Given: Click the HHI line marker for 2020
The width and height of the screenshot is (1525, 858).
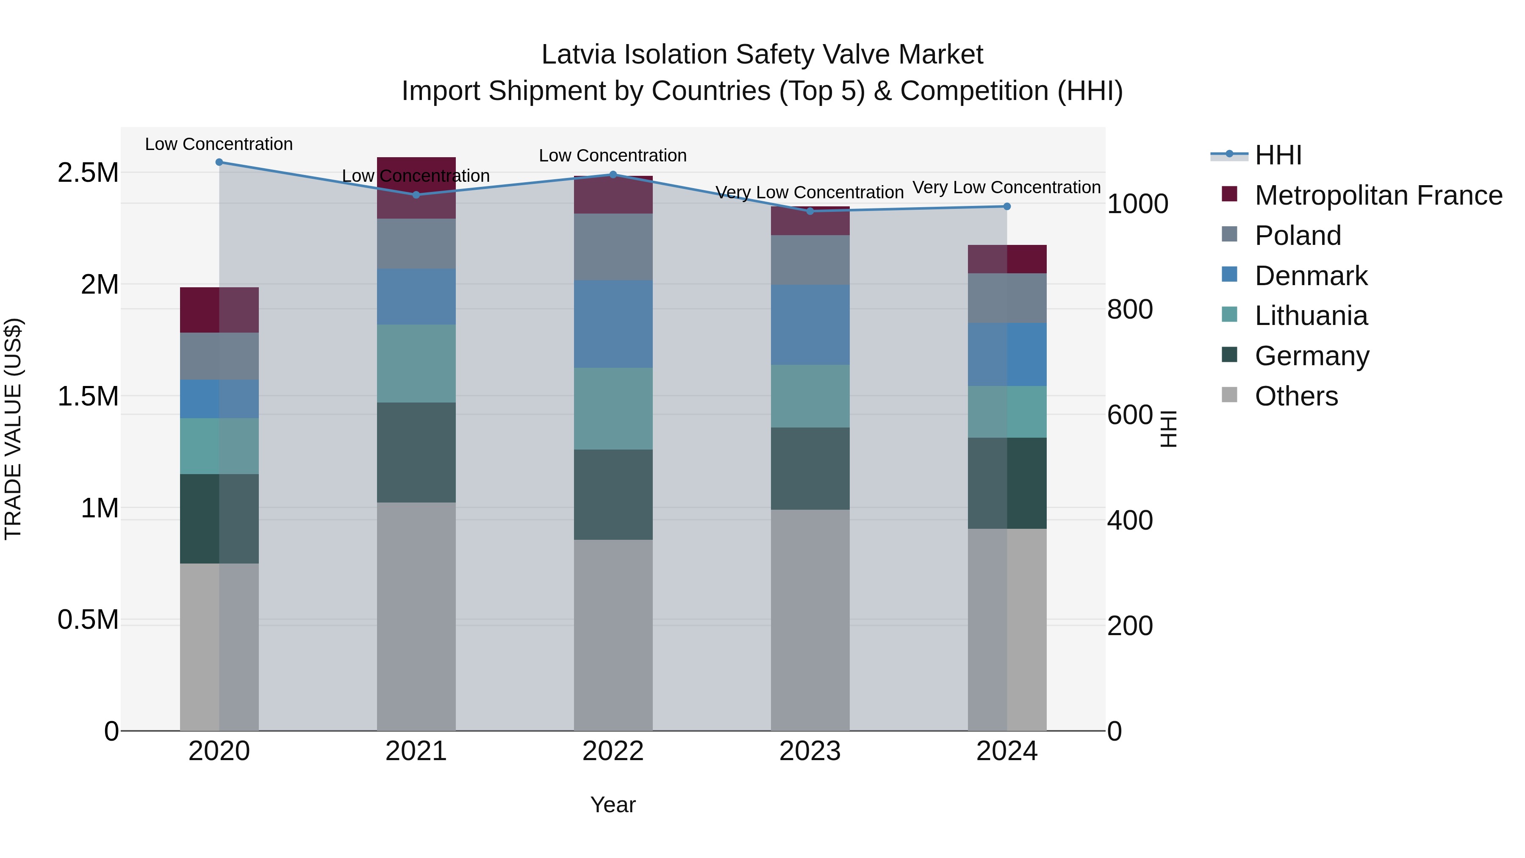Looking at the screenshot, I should (x=219, y=162).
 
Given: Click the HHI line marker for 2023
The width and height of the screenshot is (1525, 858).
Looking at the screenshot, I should (x=810, y=211).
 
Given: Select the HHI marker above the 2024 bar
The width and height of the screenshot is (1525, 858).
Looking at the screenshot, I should (x=1006, y=206).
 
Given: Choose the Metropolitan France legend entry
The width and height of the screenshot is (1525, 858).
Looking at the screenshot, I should (x=1378, y=195).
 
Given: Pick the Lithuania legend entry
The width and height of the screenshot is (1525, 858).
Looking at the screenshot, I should (x=1311, y=316).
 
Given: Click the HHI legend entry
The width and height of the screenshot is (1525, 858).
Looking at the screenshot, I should (x=1278, y=155).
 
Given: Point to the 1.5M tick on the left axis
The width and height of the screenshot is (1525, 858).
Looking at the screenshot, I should (x=88, y=396).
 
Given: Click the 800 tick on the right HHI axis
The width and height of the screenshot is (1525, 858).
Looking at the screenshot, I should (x=1129, y=309).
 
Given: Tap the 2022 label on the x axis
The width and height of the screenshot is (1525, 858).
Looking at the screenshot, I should (x=613, y=751).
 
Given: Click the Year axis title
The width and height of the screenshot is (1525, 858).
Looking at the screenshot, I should (x=613, y=805).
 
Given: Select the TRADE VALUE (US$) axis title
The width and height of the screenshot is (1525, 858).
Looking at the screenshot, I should (x=13, y=429).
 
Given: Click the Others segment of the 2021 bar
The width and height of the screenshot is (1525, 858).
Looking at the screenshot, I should (x=416, y=616).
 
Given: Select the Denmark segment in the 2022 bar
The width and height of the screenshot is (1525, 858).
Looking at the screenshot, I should (x=613, y=323).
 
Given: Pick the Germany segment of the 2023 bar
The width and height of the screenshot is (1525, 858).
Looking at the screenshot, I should (x=810, y=468).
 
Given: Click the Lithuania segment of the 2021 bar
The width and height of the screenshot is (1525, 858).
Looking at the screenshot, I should (x=416, y=363).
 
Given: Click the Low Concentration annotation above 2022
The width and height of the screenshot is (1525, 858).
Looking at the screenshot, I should (x=613, y=156).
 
